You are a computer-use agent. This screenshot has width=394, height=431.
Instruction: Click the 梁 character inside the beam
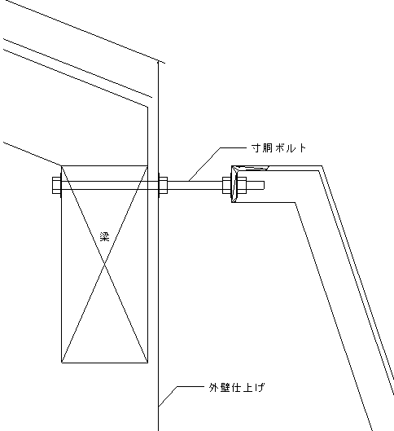pyautogui.click(x=105, y=236)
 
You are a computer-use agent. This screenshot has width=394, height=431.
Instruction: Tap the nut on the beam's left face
pyautogui.click(x=56, y=185)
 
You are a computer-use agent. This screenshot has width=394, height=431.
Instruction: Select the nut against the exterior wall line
pyautogui.click(x=163, y=185)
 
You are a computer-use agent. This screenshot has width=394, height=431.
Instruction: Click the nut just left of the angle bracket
pyautogui.click(x=227, y=185)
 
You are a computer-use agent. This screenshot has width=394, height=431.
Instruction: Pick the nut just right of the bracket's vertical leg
pyautogui.click(x=242, y=185)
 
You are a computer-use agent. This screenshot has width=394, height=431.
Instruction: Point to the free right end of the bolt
pyautogui.click(x=264, y=185)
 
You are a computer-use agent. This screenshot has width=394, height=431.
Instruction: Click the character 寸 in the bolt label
pyautogui.click(x=256, y=148)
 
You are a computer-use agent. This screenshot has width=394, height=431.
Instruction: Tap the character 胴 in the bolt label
pyautogui.click(x=268, y=148)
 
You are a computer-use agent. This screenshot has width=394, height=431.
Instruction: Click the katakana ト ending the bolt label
pyautogui.click(x=302, y=148)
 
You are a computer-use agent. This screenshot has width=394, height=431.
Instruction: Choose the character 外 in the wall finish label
pyautogui.click(x=214, y=387)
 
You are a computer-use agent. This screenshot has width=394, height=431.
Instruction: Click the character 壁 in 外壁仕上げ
pyautogui.click(x=225, y=387)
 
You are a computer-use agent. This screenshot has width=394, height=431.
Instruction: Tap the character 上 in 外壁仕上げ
pyautogui.click(x=247, y=387)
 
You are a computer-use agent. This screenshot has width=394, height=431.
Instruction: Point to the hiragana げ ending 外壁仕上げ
pyautogui.click(x=259, y=387)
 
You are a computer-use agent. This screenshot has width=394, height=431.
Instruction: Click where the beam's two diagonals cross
pyautogui.click(x=105, y=264)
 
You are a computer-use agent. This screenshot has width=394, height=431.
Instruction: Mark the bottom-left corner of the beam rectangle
pyautogui.click(x=61, y=363)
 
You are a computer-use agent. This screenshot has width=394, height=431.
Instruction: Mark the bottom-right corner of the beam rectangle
pyautogui.click(x=147, y=363)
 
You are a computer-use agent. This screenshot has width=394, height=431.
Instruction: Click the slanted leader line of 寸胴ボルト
pyautogui.click(x=204, y=165)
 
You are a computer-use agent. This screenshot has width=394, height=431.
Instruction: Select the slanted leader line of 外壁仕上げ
pyautogui.click(x=168, y=396)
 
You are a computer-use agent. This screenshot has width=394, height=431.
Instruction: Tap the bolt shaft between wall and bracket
pyautogui.click(x=195, y=185)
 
